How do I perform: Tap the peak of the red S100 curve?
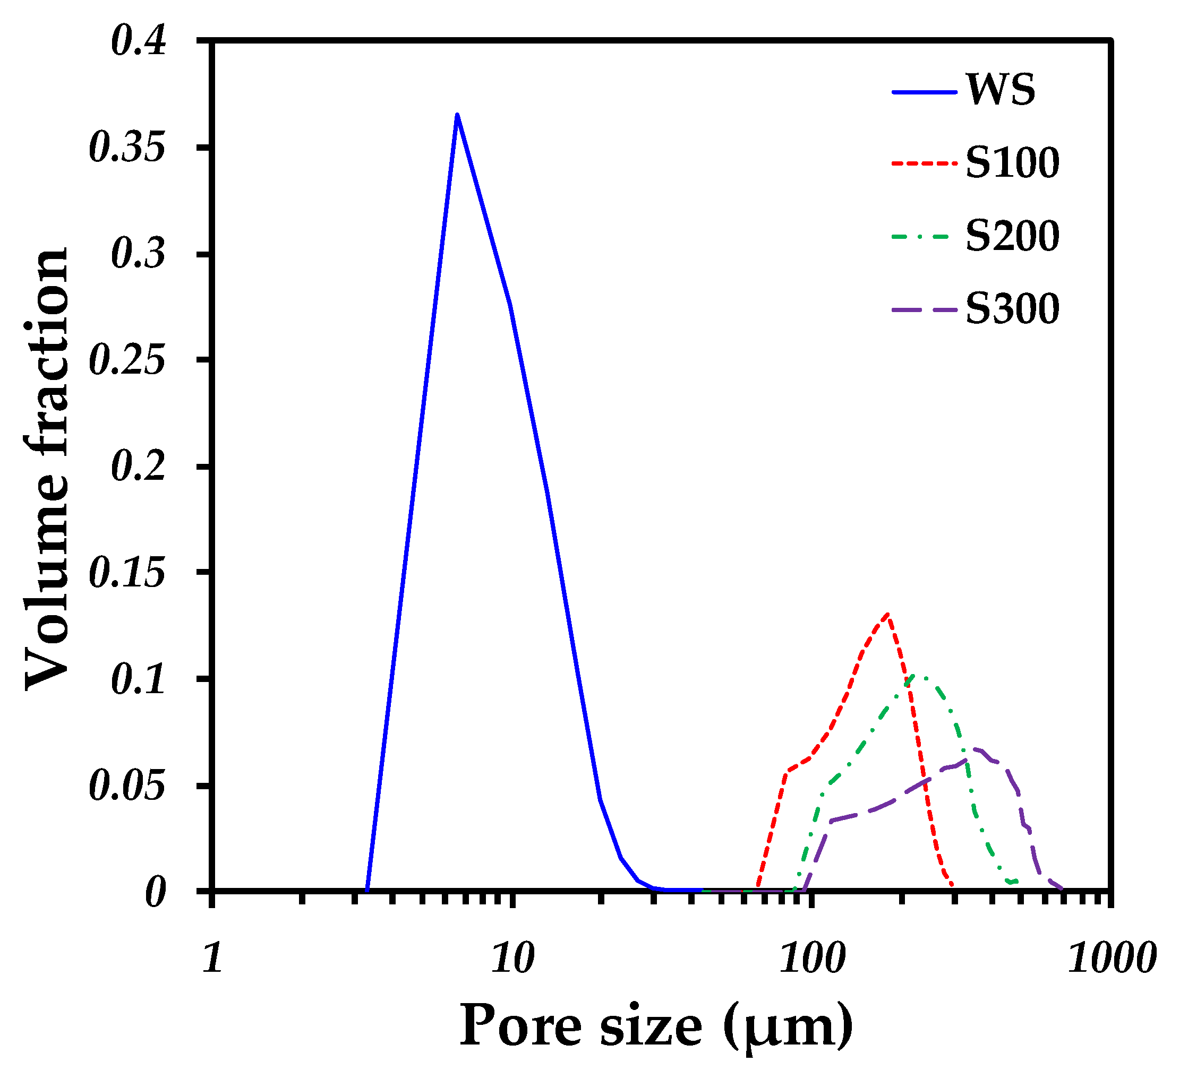coord(887,614)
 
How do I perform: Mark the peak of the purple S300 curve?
coord(975,749)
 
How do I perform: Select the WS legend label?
coord(1000,90)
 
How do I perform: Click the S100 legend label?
coord(1012,162)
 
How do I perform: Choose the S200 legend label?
coord(1012,236)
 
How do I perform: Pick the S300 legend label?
coord(1012,308)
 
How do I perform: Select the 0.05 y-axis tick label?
coord(127,786)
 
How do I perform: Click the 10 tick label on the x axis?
coord(512,959)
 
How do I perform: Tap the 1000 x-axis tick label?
coord(1111,959)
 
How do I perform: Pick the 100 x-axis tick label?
coord(812,959)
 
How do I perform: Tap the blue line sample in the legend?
coord(924,92)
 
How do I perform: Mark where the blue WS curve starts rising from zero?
coord(367,890)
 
